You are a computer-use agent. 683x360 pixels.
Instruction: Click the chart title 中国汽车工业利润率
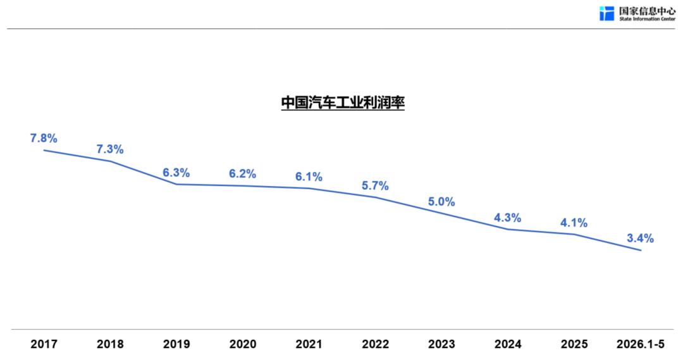coord(343,102)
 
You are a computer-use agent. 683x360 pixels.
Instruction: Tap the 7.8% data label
coord(44,138)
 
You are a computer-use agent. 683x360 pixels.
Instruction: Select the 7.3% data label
coord(110,149)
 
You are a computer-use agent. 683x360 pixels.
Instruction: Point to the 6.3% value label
coord(176,173)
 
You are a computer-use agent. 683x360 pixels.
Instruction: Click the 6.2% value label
coord(242,174)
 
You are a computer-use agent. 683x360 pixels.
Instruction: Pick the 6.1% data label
coord(309,177)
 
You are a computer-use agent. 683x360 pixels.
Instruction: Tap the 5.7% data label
coord(375,185)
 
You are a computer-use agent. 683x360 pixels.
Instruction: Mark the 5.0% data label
coord(441,202)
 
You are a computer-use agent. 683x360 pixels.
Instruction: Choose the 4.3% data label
coord(507,218)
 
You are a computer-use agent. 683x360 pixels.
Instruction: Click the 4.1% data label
coord(574,223)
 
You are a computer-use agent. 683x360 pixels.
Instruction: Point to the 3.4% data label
coord(640,238)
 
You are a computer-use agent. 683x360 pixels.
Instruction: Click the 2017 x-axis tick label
coord(44,344)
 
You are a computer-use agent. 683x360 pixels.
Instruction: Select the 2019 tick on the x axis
coord(176,344)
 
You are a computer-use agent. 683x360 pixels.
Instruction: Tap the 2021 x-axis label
coord(309,344)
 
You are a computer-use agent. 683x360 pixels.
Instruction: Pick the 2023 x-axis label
coord(441,344)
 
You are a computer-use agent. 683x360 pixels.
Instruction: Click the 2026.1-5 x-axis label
coord(640,344)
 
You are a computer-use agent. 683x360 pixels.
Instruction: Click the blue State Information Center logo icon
coord(606,13)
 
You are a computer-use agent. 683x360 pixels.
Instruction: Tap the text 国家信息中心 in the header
coord(648,11)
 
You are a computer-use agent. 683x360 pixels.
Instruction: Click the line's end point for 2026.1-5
coord(641,250)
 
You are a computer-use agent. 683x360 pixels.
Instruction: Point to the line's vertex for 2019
coord(176,184)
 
